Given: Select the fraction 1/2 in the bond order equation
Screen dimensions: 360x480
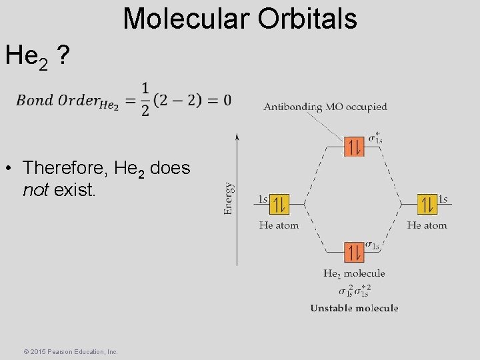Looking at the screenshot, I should tap(145, 99).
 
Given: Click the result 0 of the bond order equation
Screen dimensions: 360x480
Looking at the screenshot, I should tap(227, 100).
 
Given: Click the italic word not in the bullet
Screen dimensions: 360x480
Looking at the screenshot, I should tap(36, 191).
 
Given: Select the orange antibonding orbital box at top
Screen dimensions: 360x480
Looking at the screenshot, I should tap(354, 146).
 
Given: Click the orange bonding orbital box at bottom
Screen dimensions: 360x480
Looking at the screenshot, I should tap(354, 252).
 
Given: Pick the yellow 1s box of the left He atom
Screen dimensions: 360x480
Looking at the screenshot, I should tap(280, 204).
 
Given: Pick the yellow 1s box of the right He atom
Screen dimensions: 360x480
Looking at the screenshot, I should tap(427, 204).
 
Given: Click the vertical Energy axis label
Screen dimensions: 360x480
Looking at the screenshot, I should tap(228, 199).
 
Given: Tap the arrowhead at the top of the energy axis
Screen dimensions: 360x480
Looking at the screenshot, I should tap(237, 137).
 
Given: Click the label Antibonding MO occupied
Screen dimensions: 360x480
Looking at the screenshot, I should tap(325, 107).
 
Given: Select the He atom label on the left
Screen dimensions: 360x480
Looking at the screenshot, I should tap(279, 225).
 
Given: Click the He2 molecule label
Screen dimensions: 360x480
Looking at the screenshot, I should tap(354, 273).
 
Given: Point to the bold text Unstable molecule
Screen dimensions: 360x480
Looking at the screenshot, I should tap(354, 308).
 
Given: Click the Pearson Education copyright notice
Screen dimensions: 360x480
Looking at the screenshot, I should tap(61, 351).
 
